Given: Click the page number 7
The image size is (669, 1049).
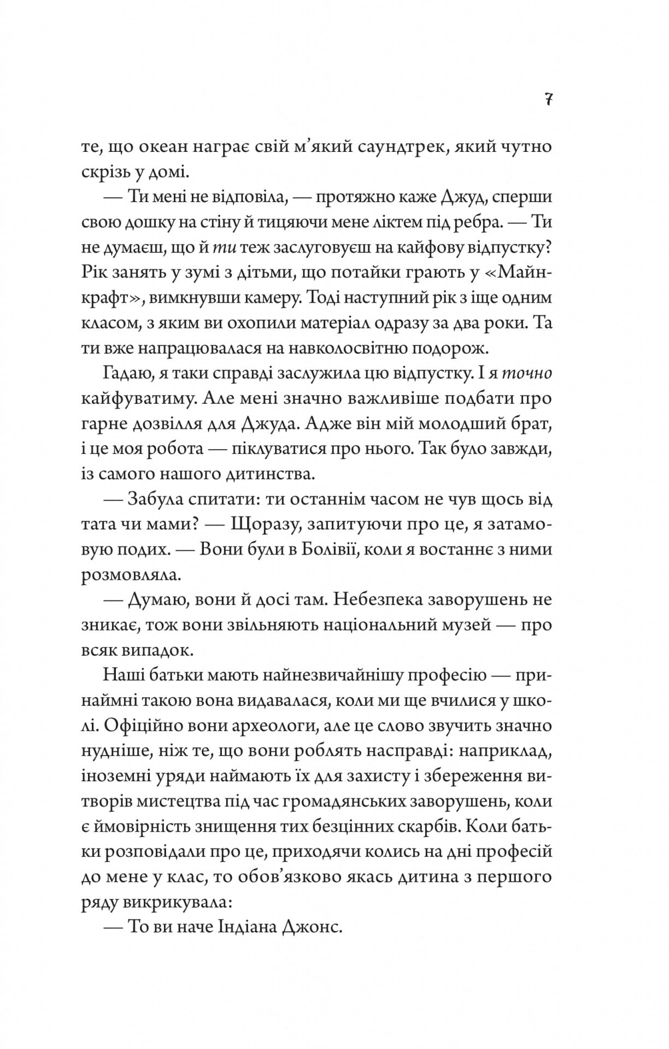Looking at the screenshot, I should click(548, 100).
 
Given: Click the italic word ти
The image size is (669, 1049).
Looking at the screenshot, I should click(224, 247).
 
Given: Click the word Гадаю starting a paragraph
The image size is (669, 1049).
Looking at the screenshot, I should click(126, 374).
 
